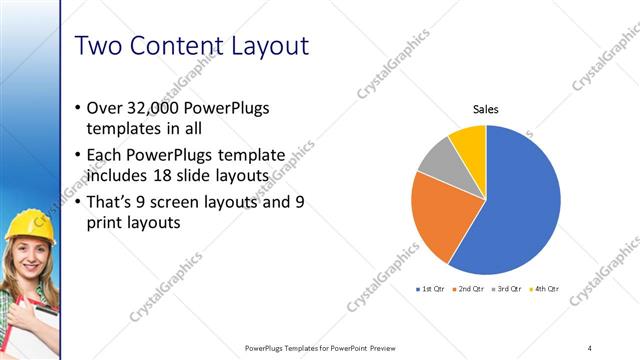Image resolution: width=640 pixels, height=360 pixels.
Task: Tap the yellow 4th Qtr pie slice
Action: [x=469, y=141]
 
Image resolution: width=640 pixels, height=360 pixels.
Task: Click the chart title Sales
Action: [x=485, y=109]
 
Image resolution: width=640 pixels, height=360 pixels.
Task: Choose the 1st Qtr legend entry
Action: [x=429, y=289]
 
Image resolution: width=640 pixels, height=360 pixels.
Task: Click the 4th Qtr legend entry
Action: [x=545, y=289]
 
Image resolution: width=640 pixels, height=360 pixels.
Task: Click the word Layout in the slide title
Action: [x=263, y=46]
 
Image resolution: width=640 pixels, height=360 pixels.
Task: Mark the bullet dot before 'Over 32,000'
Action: [x=79, y=108]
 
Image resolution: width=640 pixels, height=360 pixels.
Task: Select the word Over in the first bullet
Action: [x=107, y=107]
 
